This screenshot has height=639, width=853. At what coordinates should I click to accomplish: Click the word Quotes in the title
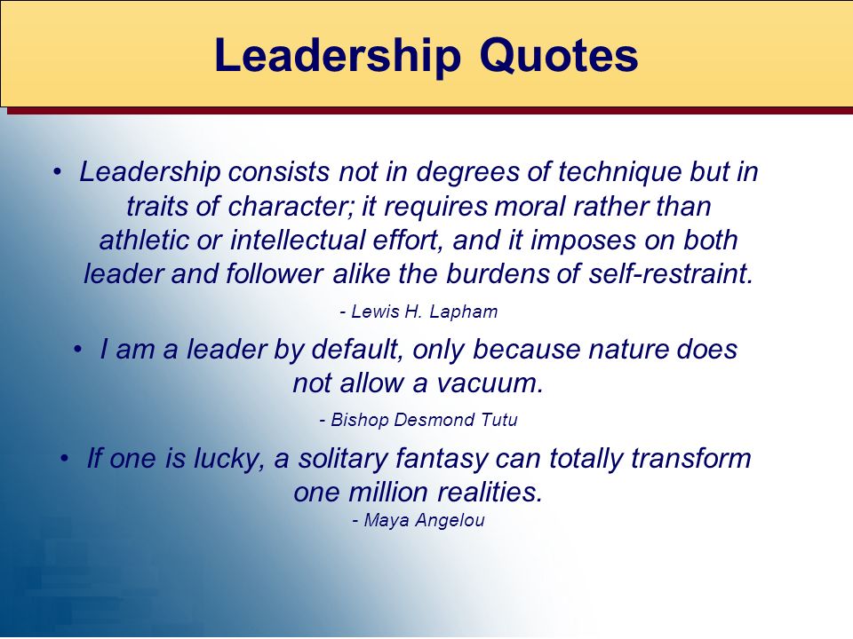pyautogui.click(x=559, y=56)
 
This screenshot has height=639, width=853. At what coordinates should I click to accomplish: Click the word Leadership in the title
pyautogui.click(x=338, y=56)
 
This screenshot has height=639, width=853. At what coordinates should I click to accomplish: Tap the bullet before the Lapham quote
pyautogui.click(x=57, y=172)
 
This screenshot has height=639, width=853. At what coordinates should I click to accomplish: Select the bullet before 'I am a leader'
pyautogui.click(x=78, y=350)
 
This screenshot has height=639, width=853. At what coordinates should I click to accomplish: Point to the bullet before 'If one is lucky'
pyautogui.click(x=65, y=459)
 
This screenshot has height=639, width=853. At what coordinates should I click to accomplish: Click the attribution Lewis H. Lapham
pyautogui.click(x=419, y=312)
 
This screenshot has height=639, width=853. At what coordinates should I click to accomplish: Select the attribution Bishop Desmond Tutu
pyautogui.click(x=419, y=420)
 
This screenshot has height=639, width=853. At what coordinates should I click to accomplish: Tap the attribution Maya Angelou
pyautogui.click(x=419, y=521)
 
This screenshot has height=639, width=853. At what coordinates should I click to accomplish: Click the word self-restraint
pyautogui.click(x=671, y=274)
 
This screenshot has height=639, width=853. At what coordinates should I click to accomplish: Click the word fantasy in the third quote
pyautogui.click(x=442, y=459)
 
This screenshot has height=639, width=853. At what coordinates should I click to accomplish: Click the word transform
pyautogui.click(x=691, y=459)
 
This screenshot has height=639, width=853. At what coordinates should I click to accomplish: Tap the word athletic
pyautogui.click(x=144, y=241)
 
